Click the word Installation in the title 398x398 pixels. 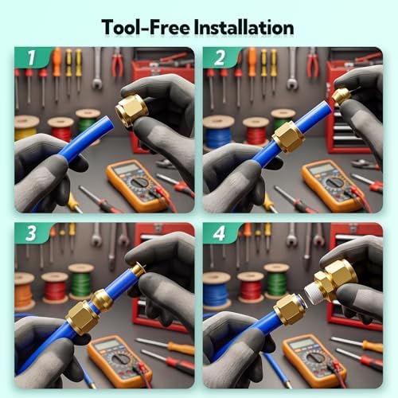tap(244, 27)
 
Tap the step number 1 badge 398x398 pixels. tap(32, 57)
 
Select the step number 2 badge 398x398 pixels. tap(220, 57)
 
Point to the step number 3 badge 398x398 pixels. tap(31, 233)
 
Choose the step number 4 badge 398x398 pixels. tap(220, 233)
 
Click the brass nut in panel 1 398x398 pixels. tap(131, 110)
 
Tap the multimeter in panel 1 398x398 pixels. tap(137, 185)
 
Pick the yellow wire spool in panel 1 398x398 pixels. tap(26, 127)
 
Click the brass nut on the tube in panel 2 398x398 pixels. tap(289, 137)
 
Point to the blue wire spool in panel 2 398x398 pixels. tap(218, 132)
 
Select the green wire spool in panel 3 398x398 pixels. tap(81, 281)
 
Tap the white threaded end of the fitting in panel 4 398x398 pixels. tap(314, 293)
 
